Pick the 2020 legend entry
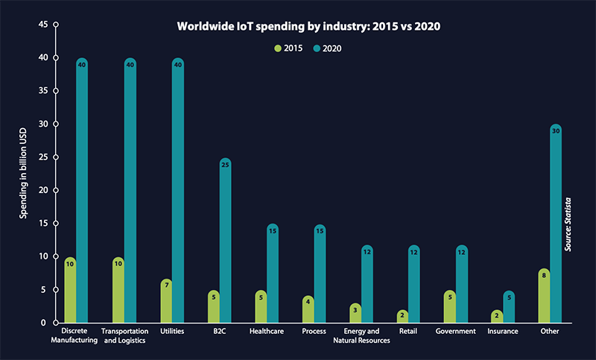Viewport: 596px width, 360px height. click(329, 48)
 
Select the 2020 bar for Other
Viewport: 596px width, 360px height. click(555, 224)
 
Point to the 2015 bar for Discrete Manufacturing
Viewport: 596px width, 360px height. click(70, 291)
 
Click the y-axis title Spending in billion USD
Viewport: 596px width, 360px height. click(23, 173)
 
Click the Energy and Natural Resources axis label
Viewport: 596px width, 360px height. click(367, 335)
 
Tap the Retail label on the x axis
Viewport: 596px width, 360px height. click(408, 331)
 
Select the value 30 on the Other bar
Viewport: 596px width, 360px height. click(555, 130)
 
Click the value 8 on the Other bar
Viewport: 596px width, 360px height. click(544, 275)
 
